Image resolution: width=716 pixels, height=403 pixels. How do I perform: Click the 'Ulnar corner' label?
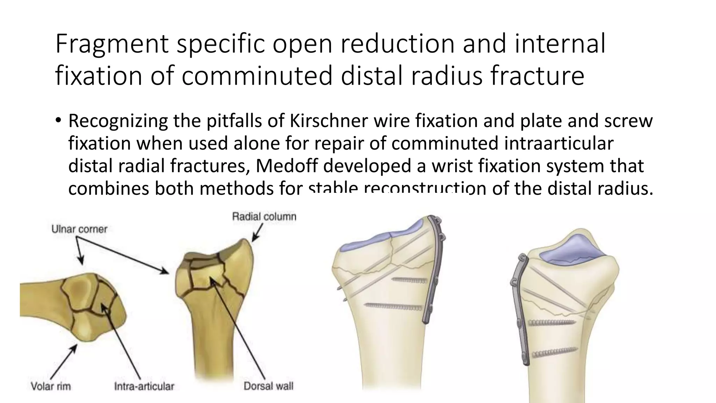point(79,229)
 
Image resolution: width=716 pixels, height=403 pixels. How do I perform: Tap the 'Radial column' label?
point(264,217)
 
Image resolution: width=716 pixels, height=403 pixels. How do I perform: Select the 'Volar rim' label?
point(51,386)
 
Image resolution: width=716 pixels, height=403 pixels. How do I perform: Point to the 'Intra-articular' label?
point(144,386)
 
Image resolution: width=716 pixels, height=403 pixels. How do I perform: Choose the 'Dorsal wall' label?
point(268,386)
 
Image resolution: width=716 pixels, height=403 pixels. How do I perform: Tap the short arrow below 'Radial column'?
point(257,233)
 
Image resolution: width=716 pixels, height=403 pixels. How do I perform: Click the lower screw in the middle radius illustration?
point(393,307)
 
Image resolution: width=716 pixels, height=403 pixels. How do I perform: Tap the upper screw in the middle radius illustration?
point(409,280)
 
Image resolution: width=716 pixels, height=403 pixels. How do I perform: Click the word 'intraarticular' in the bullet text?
point(559,143)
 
